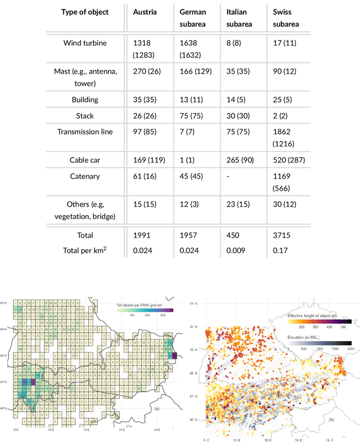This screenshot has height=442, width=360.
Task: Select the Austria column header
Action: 145,12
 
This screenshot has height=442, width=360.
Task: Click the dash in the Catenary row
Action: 227,176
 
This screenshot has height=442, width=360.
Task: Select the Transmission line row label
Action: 84,131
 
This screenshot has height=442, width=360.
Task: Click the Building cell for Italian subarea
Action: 237,100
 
